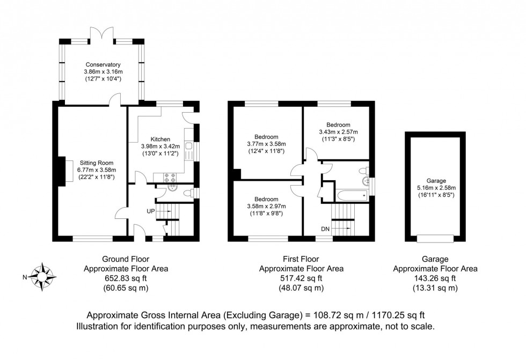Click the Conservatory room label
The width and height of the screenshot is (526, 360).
tap(102, 64)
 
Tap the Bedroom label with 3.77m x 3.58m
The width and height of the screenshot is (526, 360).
tap(266, 136)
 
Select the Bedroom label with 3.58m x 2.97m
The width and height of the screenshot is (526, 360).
tap(266, 199)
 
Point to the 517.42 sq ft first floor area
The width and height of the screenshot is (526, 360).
tap(301, 278)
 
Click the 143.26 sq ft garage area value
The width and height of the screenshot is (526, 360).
tap(435, 278)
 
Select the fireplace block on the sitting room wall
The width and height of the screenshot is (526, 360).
tap(60, 171)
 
